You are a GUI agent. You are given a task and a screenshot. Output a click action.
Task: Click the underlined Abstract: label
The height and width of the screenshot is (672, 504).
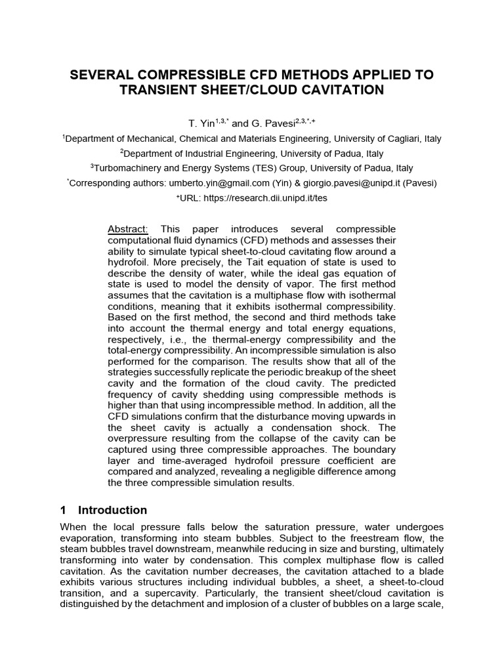point(128,229)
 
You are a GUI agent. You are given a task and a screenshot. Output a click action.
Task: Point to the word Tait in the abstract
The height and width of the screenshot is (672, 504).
point(241,262)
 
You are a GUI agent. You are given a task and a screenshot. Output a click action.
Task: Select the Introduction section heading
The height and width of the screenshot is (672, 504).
point(112,510)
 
